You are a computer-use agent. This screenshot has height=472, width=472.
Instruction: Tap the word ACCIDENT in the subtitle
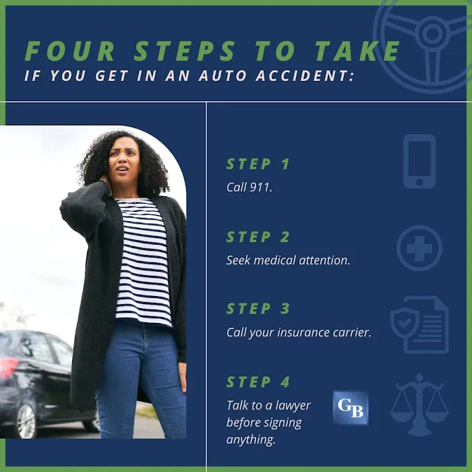(x=305, y=76)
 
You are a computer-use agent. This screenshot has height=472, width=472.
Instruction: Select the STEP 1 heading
(x=258, y=164)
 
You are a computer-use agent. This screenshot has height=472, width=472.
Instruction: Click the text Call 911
(x=249, y=187)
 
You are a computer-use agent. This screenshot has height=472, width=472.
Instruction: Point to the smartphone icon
(x=419, y=161)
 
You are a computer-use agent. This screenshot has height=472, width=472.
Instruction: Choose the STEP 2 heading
(x=258, y=237)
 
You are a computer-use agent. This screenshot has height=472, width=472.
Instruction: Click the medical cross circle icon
(x=419, y=247)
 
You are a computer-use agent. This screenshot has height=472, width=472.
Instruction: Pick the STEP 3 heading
(x=258, y=309)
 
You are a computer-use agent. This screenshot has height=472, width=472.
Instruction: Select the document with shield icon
(x=419, y=324)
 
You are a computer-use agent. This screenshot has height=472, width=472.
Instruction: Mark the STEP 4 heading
(x=258, y=382)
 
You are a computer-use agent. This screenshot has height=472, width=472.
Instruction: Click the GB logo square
(x=351, y=407)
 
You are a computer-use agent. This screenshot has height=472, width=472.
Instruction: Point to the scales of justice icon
(x=419, y=405)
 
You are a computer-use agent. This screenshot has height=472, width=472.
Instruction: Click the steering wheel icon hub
(x=432, y=32)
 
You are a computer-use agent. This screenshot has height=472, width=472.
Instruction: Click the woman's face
(x=124, y=163)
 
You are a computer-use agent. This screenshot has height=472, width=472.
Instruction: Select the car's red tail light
(x=8, y=367)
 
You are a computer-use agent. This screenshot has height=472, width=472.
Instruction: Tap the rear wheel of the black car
(x=26, y=420)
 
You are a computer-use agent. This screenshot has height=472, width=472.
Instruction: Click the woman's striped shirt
(x=143, y=262)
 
